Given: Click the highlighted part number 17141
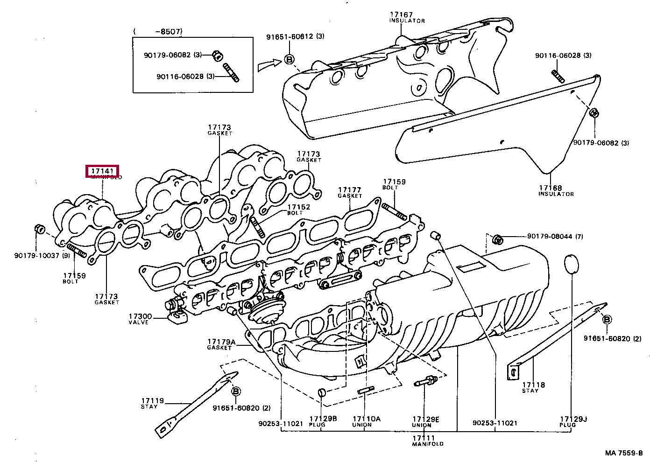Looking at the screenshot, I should [102, 171].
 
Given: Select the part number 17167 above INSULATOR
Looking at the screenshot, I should [401, 15].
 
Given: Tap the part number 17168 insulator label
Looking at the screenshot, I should [551, 188].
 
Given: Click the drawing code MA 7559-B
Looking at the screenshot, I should [624, 453].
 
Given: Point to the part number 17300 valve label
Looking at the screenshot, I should [140, 316].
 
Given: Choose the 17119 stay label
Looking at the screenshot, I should [153, 401].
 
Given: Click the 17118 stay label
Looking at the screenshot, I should [533, 385].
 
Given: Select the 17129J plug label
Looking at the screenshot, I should [573, 419].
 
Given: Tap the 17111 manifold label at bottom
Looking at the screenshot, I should [424, 438].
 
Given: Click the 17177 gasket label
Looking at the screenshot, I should [350, 190].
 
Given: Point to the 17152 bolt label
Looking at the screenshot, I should [298, 207].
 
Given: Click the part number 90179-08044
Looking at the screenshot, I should [550, 236].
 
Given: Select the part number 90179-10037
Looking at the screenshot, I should [37, 255].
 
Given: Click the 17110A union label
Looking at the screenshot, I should [367, 419].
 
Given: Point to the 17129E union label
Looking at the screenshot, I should [426, 419].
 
